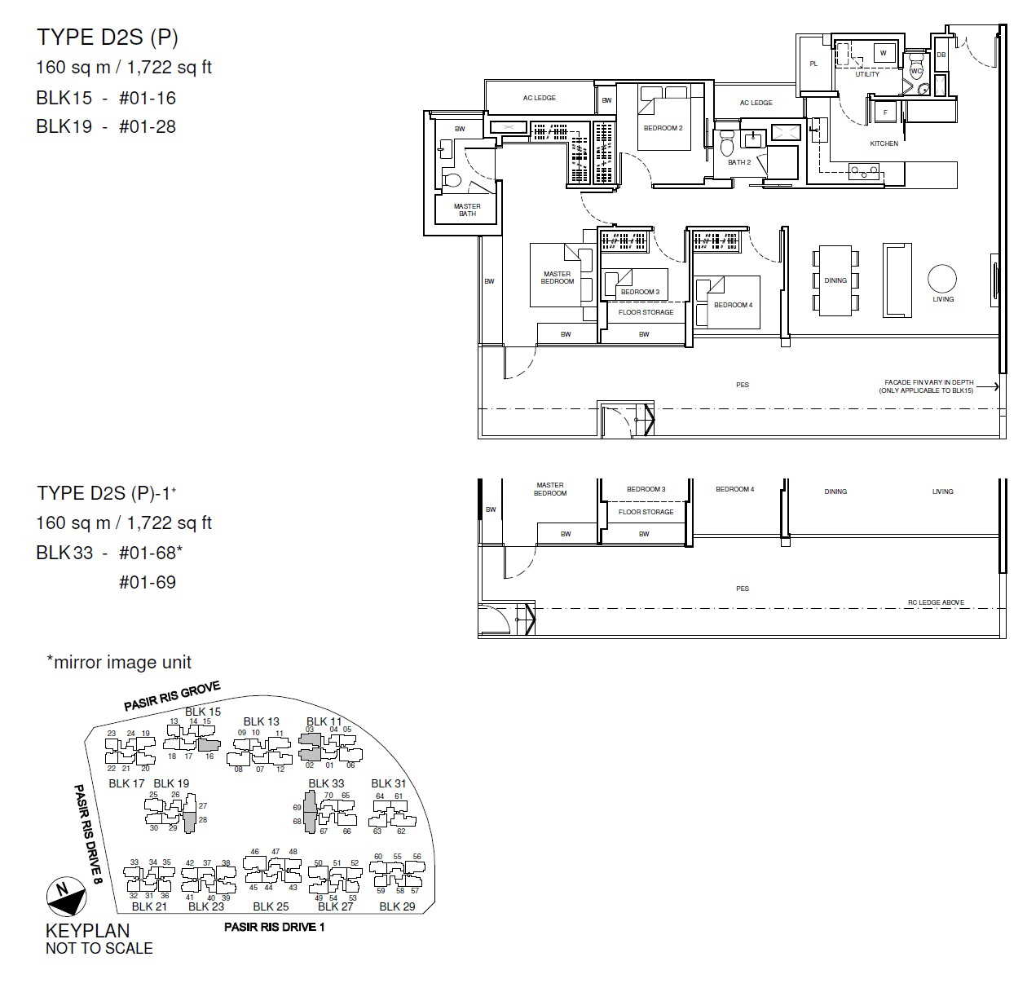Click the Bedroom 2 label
click(x=663, y=128)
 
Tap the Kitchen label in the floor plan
click(x=884, y=143)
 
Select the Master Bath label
click(x=467, y=210)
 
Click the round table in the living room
click(x=942, y=278)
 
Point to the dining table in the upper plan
click(x=835, y=280)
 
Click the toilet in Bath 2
click(x=727, y=142)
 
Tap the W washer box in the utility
click(x=883, y=53)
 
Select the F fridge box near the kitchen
click(x=885, y=112)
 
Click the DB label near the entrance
click(x=941, y=55)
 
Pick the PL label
click(x=813, y=64)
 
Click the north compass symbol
click(x=66, y=896)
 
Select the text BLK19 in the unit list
click(x=64, y=126)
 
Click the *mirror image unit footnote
click(x=119, y=662)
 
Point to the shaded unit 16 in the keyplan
click(x=209, y=744)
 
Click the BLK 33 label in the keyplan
click(x=325, y=783)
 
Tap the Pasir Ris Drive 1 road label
click(x=274, y=927)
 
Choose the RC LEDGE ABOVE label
click(x=936, y=602)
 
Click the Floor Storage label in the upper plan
click(x=646, y=312)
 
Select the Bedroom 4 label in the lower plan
click(x=734, y=489)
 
